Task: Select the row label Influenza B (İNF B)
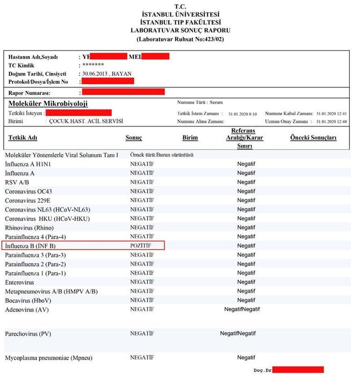point(30,246)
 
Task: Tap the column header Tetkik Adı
point(22,138)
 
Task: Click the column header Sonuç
point(134,138)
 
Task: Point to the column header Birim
point(190,138)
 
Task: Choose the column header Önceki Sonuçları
point(313,138)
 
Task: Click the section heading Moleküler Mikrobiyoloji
point(48,103)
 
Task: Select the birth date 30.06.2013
point(97,73)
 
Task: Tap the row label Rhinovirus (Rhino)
point(29,228)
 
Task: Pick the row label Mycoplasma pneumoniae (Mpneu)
point(49,358)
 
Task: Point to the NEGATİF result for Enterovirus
point(142,282)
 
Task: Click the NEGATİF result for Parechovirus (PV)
point(142,333)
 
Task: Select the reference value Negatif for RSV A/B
point(246,182)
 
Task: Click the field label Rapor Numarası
point(29,93)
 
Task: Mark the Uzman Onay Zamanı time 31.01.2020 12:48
point(331,121)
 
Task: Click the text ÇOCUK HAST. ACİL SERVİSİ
point(86,121)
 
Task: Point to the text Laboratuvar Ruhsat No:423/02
point(180,39)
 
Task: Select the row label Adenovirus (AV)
point(27,309)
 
